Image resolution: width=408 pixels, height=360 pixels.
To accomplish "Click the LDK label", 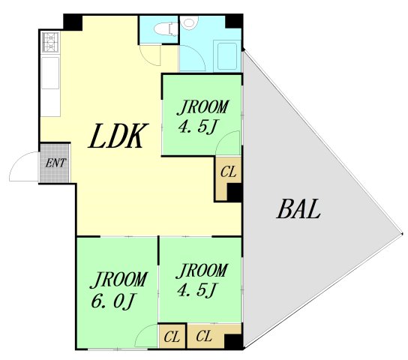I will coord(117,136).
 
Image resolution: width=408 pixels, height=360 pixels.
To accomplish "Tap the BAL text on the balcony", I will coord(298,210).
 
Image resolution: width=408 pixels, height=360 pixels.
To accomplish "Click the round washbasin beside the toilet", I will coord(188,25).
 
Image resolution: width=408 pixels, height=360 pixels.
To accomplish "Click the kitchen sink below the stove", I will coord(50,76).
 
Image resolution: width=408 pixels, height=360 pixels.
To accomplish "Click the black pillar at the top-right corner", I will coord(235,21).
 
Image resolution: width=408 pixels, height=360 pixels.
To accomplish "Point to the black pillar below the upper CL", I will coord(234,193).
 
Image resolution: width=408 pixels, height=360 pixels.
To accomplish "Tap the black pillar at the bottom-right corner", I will coord(234,342).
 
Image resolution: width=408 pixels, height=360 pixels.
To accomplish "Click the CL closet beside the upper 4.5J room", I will coord(228,172).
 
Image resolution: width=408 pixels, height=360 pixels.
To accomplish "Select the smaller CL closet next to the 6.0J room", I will coord(172,335).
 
